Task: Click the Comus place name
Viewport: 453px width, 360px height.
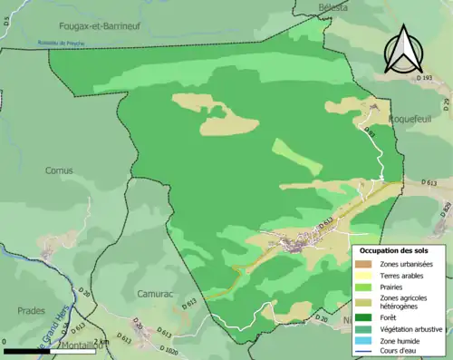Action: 59,170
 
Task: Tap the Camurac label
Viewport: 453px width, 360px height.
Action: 140,294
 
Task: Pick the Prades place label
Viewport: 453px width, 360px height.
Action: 31,310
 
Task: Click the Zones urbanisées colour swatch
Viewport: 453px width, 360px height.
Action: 367,264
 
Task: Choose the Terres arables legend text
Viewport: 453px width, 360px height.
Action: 405,275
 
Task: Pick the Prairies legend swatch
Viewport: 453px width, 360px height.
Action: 367,286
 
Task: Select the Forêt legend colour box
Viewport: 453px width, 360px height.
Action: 367,317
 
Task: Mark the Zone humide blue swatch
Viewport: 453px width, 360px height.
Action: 367,339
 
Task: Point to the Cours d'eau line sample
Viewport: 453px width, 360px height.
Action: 367,350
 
